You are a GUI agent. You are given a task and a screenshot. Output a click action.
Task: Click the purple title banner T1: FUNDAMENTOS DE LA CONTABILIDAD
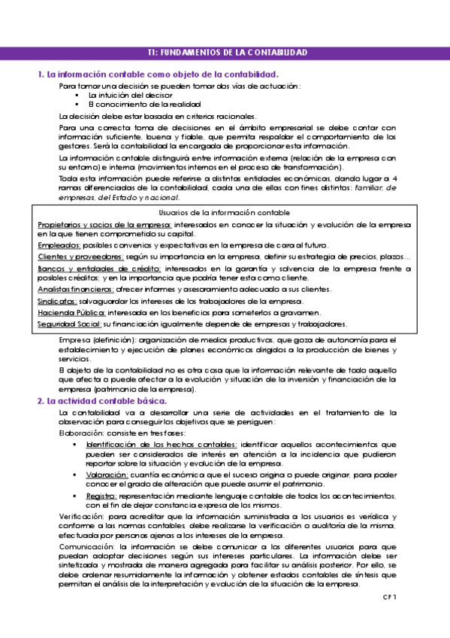point(226,53)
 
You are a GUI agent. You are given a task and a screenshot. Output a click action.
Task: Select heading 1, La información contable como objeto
point(158,74)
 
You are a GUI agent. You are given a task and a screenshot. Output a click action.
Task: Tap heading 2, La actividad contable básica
point(102,401)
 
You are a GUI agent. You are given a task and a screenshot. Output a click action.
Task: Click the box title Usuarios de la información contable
point(225,214)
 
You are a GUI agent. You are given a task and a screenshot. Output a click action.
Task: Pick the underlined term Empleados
point(59,245)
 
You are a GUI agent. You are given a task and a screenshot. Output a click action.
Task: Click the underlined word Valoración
point(107,475)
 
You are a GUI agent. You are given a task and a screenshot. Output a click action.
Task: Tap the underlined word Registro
point(101,497)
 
